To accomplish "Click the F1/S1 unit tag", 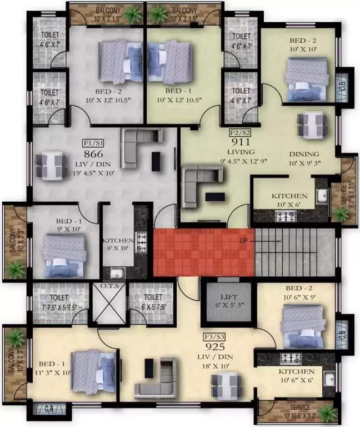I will point(89,142).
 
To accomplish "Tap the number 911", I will point(241,142).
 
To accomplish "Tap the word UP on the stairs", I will point(243,241).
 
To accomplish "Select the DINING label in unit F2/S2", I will point(304,154).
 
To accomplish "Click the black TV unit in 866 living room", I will point(157,161).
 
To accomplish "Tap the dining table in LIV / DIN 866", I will point(49,165).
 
